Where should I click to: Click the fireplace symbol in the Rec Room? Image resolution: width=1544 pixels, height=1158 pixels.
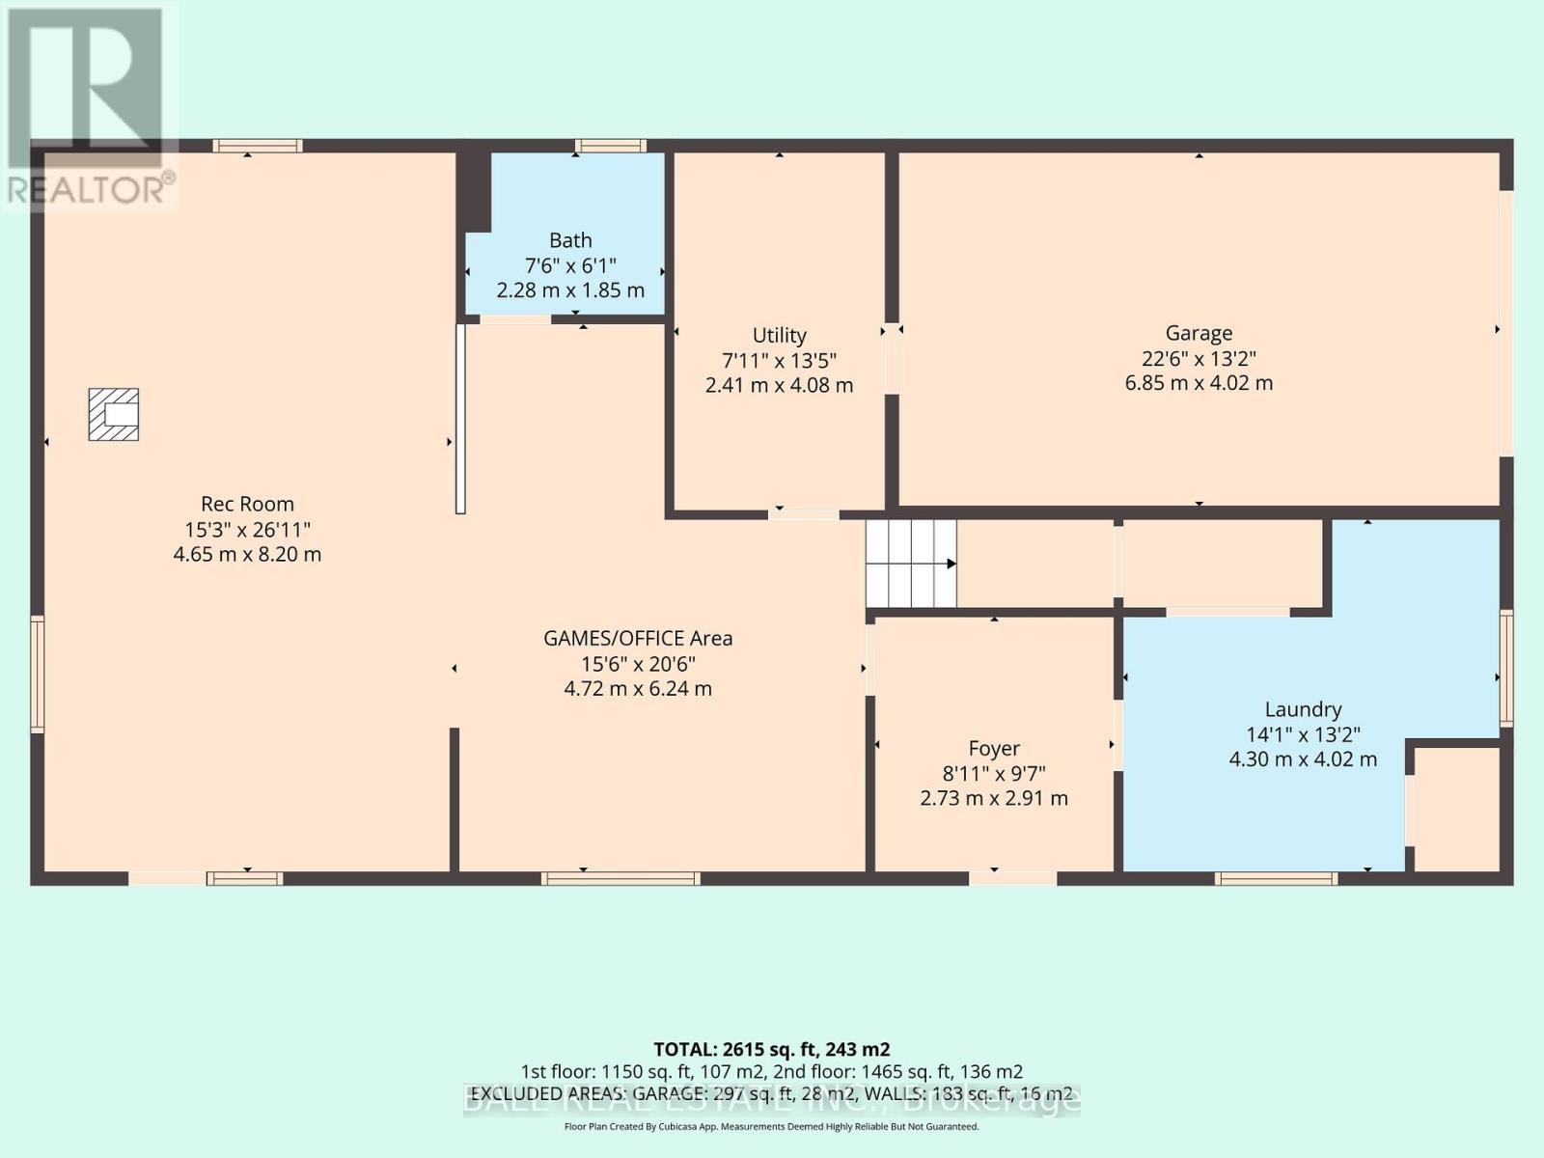114,414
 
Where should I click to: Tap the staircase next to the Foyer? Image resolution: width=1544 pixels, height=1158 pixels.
910,564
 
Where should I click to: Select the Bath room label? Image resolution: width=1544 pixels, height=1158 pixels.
570,240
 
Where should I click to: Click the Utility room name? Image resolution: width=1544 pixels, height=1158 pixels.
779,335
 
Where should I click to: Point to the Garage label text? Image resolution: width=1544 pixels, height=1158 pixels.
1199,333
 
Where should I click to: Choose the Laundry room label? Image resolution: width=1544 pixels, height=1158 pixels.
1303,709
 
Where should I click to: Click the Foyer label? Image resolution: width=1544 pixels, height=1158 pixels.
994,748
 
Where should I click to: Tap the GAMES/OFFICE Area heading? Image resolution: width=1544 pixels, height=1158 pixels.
638,638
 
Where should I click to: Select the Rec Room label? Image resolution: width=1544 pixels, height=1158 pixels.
247,504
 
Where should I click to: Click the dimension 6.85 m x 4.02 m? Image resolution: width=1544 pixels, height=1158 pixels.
1199,383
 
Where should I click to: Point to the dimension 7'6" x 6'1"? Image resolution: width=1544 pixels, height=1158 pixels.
570,265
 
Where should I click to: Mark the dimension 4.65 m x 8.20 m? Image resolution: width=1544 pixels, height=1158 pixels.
247,555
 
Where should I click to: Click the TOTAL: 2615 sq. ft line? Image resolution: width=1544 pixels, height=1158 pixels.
771,1049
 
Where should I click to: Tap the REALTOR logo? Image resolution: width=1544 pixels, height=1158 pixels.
89,106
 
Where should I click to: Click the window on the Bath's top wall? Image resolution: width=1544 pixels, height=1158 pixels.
611,146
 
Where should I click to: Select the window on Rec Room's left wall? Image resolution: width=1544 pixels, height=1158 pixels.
37,674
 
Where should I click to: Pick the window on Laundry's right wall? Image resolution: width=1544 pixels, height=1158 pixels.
1505,668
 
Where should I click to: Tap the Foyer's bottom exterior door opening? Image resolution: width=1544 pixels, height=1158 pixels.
1012,877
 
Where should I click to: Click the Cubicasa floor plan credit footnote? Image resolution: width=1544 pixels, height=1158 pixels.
771,1126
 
